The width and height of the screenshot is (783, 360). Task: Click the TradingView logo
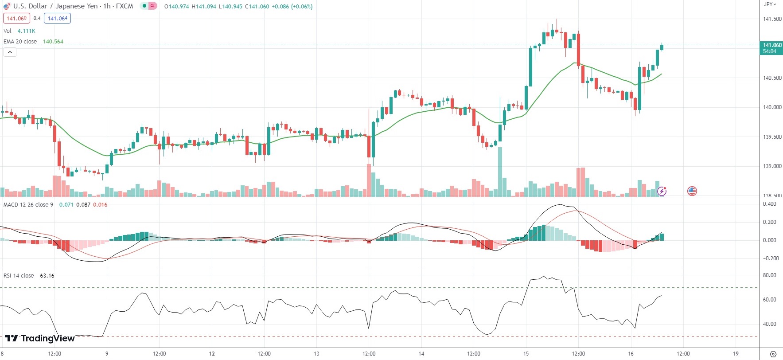click(39, 338)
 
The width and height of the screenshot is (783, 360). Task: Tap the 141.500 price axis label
click(772, 19)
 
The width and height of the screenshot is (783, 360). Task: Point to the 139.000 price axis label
click(772, 166)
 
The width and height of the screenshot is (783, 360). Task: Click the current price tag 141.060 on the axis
click(772, 45)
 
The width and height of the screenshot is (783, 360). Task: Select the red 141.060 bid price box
click(17, 19)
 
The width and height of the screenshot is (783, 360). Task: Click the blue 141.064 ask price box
click(58, 19)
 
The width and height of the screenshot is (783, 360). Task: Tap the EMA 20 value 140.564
click(53, 42)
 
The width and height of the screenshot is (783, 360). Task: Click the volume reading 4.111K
click(26, 31)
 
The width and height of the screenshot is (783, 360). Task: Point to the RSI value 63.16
click(47, 276)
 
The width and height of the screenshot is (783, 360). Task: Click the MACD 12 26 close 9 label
click(28, 205)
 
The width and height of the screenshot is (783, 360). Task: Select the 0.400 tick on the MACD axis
click(769, 204)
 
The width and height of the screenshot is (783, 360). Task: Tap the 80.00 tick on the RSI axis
click(769, 275)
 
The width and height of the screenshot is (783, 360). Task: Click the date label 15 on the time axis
click(526, 354)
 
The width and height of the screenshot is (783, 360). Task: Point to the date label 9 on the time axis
click(107, 354)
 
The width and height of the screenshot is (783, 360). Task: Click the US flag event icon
click(692, 191)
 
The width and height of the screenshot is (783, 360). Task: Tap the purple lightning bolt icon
click(662, 191)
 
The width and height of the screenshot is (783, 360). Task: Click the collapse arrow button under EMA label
click(10, 52)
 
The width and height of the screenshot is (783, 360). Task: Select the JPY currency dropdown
click(770, 4)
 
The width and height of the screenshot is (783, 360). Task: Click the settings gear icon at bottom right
click(773, 354)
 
